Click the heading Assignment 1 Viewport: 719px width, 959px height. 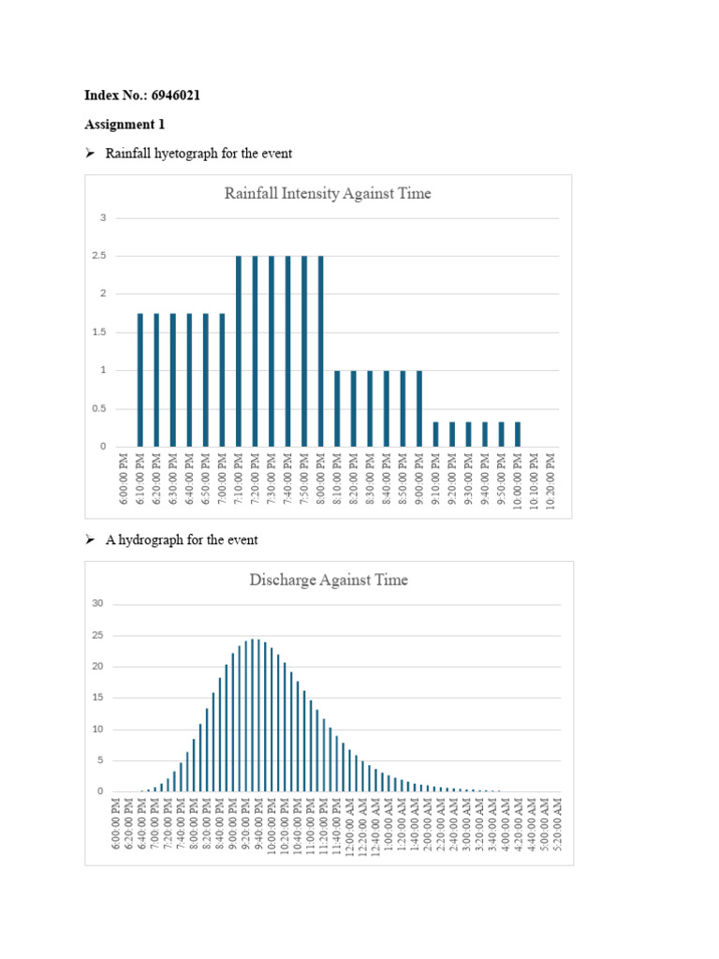tap(119, 125)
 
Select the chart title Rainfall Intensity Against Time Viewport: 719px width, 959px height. tap(328, 194)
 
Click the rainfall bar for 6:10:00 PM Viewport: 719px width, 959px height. tap(140, 379)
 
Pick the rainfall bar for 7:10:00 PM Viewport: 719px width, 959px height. tap(239, 351)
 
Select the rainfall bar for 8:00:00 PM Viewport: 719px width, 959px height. tap(321, 351)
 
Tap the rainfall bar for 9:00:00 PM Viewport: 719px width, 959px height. tap(419, 408)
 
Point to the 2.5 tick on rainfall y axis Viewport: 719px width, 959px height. tap(99, 256)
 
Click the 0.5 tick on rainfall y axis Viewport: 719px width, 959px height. tap(99, 409)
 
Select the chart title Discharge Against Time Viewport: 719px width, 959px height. tap(328, 581)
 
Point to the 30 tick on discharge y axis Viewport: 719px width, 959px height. tap(97, 603)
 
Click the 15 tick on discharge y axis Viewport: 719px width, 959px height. tap(97, 698)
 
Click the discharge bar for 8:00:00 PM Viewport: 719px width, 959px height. tap(194, 765)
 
